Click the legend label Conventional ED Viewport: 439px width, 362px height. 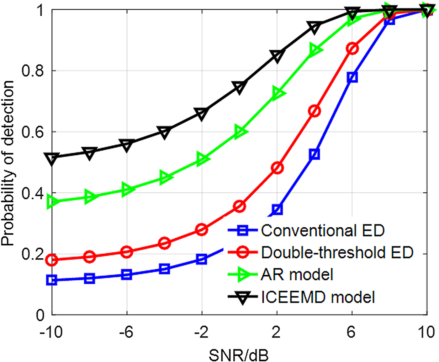[323, 231]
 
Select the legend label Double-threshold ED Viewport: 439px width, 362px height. [337, 252]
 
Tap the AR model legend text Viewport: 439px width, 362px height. [297, 275]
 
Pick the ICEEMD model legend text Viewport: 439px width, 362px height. [318, 297]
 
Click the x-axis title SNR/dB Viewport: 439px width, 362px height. [239, 355]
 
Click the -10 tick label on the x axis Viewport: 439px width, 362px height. [51, 332]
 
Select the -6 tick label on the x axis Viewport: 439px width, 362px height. [126, 332]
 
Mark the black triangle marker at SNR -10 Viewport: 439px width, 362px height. [52, 158]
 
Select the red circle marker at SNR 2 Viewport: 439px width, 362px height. [277, 168]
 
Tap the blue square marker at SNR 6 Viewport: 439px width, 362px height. [352, 77]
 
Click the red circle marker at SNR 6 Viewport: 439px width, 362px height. [352, 49]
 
